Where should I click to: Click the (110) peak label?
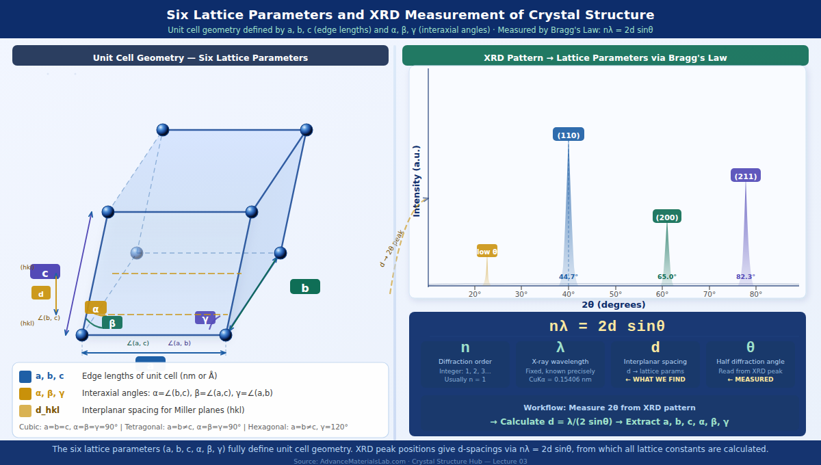point(569,135)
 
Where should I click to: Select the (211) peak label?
point(746,176)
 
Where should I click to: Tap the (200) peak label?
point(667,217)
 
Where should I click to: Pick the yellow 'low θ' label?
point(487,251)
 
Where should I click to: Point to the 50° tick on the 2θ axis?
point(615,294)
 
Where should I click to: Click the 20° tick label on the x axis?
point(475,294)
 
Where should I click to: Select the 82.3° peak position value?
point(746,277)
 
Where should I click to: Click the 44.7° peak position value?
point(569,277)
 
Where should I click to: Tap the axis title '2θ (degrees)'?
point(614,305)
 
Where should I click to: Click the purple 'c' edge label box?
point(45,272)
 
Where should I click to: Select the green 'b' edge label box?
point(305,287)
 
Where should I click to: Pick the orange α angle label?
point(96,308)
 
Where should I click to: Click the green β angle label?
point(112,323)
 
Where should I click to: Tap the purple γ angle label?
point(205,318)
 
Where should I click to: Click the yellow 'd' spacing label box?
point(41,293)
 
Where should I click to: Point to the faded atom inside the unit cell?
point(137,253)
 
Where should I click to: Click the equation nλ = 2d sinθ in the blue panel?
point(607,326)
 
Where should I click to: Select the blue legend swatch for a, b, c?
point(25,376)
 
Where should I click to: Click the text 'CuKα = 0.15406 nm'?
point(560,380)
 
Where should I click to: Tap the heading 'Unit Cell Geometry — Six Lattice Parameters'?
point(200,58)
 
